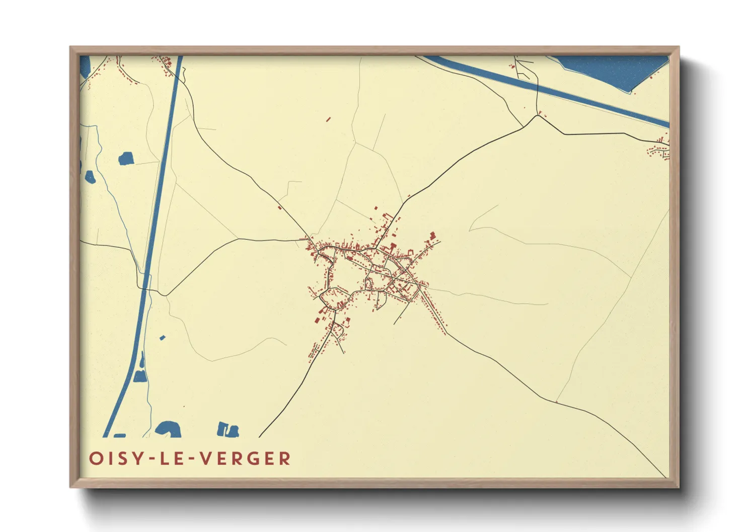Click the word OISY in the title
tap(114, 459)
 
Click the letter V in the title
tap(206, 459)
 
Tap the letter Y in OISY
tap(138, 459)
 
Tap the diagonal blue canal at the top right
tap(554, 91)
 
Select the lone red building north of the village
tap(328, 120)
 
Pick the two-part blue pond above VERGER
tap(228, 429)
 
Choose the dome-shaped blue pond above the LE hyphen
tap(168, 429)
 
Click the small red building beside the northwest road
tap(279, 207)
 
